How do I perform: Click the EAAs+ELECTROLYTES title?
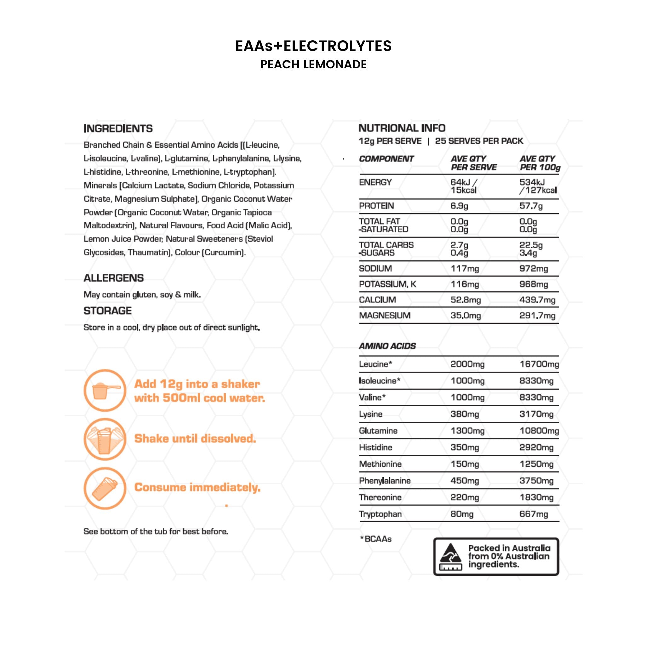tap(313, 46)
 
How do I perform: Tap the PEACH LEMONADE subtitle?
tap(313, 65)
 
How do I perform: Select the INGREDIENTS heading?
tap(118, 128)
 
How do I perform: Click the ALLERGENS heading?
tap(113, 278)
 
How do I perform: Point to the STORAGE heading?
tap(107, 311)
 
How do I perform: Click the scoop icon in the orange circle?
tap(105, 390)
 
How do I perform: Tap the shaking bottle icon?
tap(105, 439)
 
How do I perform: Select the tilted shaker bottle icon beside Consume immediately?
tap(105, 488)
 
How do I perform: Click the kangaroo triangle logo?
tap(450, 557)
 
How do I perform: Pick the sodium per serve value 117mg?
tap(465, 269)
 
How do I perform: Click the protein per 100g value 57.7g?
tap(531, 206)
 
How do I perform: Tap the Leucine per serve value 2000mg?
tap(467, 364)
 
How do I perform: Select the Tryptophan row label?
tap(380, 514)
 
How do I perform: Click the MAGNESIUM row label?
tap(385, 316)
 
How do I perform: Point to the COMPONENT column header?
tap(386, 159)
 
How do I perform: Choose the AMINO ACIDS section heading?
tap(387, 346)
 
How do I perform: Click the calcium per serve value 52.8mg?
tap(465, 300)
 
